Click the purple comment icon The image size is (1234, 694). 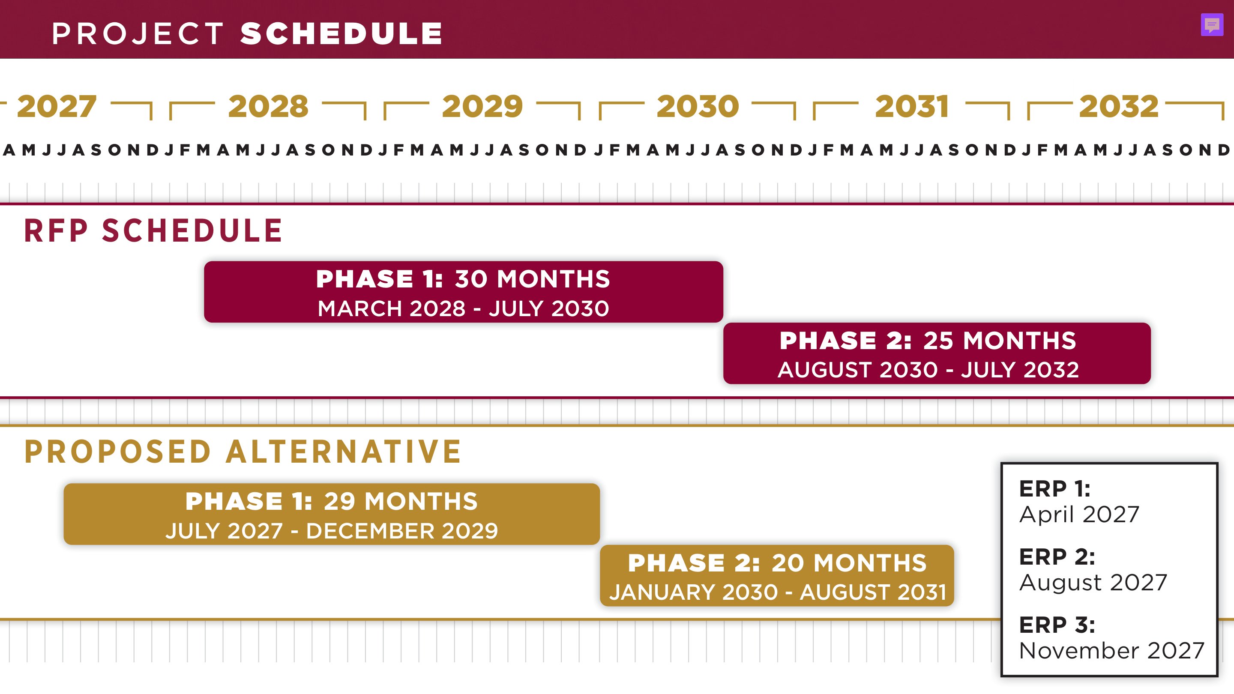tap(1212, 25)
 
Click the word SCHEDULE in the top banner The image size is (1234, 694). tap(341, 33)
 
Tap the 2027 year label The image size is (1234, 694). tap(57, 106)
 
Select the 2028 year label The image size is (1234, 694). tap(268, 106)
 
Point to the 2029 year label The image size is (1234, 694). tap(482, 106)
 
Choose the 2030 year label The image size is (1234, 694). tap(698, 106)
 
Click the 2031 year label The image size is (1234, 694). tap(912, 106)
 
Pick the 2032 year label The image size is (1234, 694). tap(1119, 106)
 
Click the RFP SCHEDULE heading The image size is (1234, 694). tap(153, 230)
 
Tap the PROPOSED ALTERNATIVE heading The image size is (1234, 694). tap(243, 452)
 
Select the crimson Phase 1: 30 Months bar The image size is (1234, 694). tap(463, 292)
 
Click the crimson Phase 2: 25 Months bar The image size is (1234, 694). tap(937, 353)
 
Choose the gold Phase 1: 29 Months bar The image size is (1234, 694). tap(332, 514)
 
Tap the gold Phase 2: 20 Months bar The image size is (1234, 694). tap(777, 576)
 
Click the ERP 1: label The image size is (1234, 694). tap(1055, 489)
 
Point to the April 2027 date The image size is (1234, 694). tap(1079, 515)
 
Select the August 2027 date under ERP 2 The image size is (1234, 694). tap(1093, 583)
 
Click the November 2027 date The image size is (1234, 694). tap(1112, 651)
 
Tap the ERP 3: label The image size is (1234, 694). tap(1057, 625)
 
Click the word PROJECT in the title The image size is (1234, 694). tap(138, 33)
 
